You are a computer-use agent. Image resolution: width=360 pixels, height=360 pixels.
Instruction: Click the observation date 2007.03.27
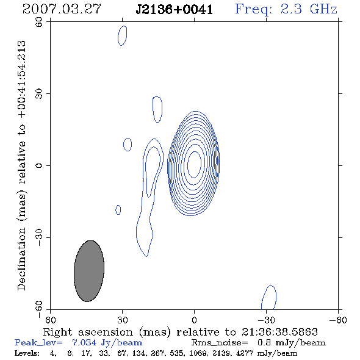click(x=62, y=9)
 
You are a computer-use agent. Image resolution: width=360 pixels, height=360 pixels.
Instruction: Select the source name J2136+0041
click(x=174, y=10)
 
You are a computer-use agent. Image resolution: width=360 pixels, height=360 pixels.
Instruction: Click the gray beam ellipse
click(x=89, y=271)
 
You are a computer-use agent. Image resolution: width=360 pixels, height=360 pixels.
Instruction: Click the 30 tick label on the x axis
click(x=123, y=320)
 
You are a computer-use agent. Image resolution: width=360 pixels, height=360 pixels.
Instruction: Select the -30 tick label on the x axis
click(x=266, y=320)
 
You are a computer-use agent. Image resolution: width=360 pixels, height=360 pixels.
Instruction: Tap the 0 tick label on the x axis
click(x=194, y=320)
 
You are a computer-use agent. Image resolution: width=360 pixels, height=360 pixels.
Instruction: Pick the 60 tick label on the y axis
click(x=39, y=22)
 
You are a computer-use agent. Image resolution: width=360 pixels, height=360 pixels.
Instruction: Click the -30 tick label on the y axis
click(x=39, y=237)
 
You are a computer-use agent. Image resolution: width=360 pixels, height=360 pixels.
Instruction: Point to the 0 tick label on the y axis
click(x=39, y=165)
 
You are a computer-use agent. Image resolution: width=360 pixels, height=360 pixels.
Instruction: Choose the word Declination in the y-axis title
click(x=21, y=259)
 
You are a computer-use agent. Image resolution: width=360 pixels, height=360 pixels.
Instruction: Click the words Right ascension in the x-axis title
click(x=88, y=332)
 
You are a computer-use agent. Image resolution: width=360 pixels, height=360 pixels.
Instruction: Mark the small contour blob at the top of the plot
click(x=123, y=35)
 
